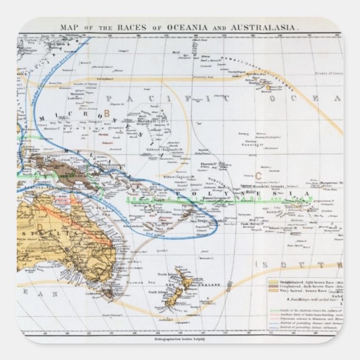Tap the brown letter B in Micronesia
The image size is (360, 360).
tap(107, 113)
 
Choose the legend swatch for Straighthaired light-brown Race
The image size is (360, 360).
tap(275, 283)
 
